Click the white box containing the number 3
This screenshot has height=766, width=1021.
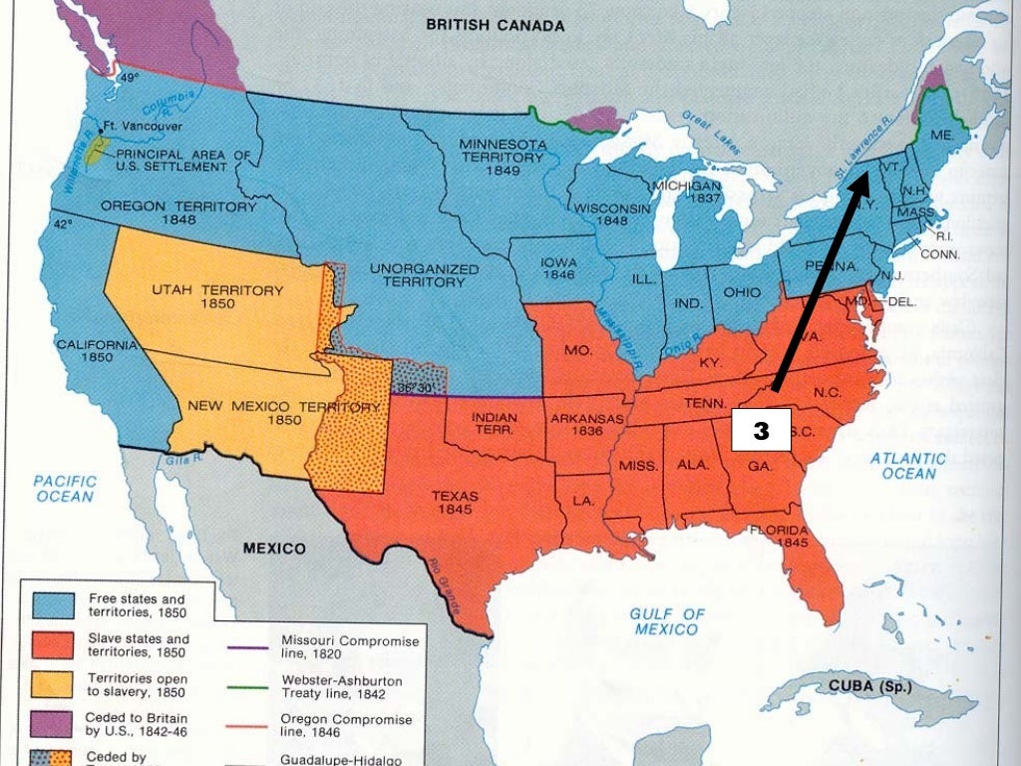click(x=761, y=431)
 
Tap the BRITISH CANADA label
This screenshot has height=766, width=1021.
click(x=496, y=24)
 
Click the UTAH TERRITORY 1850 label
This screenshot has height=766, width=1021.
click(x=217, y=296)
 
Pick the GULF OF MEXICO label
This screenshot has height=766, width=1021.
click(x=668, y=621)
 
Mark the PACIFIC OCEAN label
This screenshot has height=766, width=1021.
click(x=65, y=489)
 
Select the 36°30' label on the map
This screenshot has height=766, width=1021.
click(x=412, y=388)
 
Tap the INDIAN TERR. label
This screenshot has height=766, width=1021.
click(x=493, y=423)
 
